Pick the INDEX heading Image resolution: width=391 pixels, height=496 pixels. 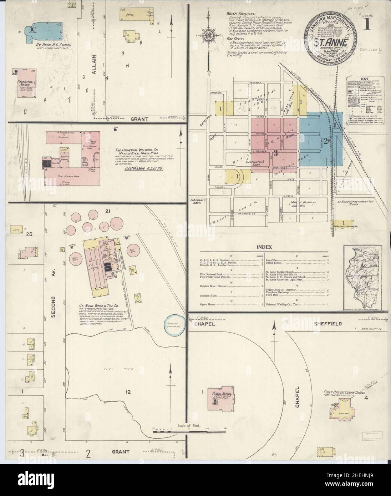(264, 247)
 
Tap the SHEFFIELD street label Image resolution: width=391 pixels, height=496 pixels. (328, 324)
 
